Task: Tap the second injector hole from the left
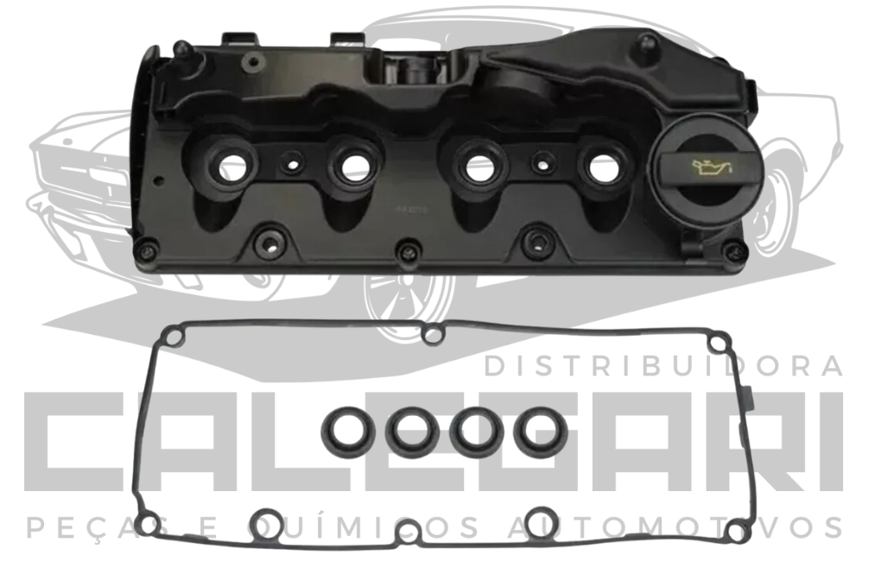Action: tap(352, 164)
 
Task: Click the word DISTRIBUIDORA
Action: tap(663, 366)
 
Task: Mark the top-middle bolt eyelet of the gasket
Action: tap(433, 332)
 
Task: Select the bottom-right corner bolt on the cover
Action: tap(734, 252)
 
